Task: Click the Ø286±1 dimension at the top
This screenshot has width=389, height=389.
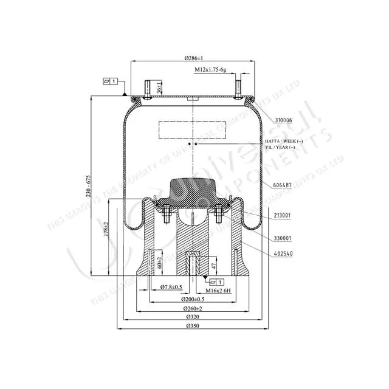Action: [194, 58]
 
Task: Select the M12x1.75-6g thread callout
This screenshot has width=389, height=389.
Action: [213, 71]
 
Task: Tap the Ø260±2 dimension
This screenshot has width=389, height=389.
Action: [194, 309]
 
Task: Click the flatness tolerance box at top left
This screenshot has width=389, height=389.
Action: [110, 81]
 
